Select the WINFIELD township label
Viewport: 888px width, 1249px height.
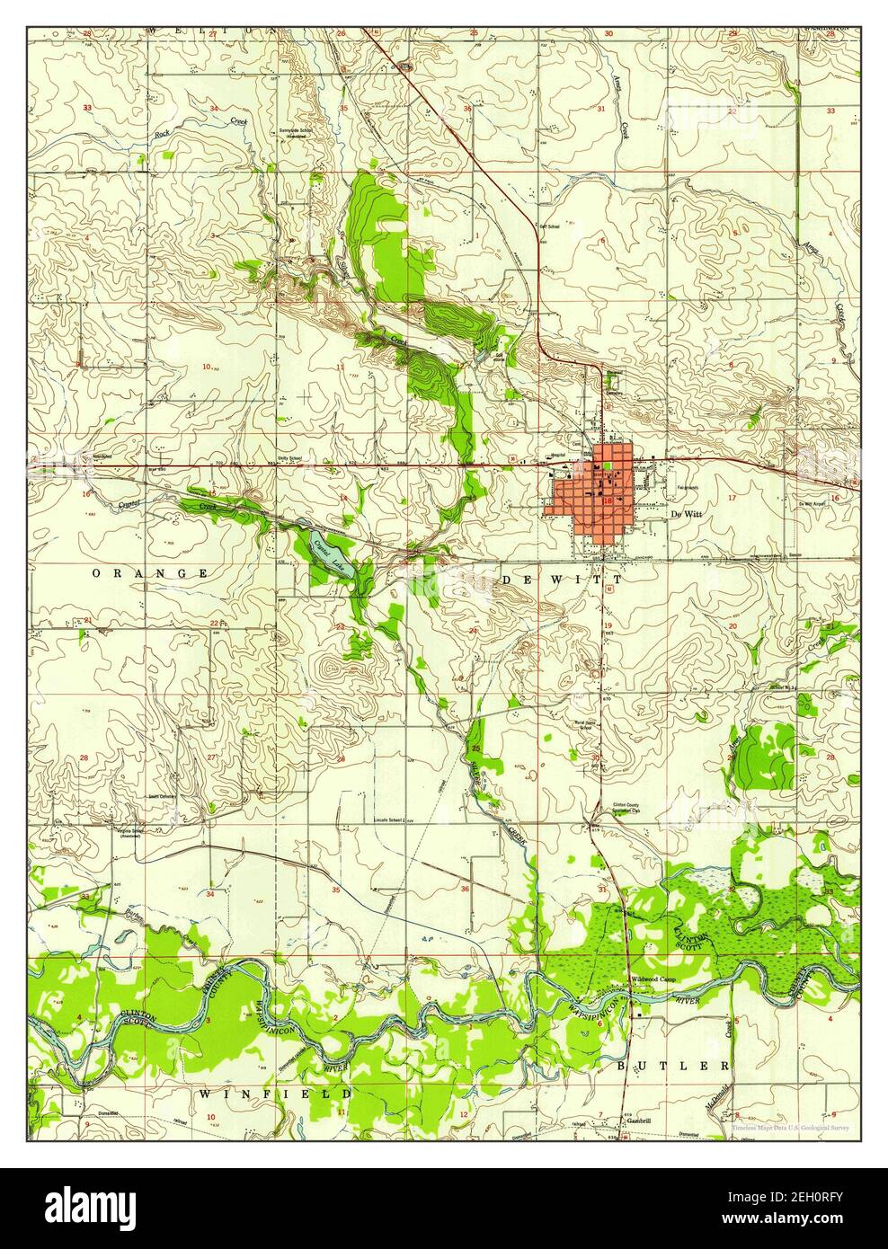[x=275, y=1094]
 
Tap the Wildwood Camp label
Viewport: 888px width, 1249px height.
[x=652, y=979]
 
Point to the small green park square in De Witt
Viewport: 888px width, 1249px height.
[x=609, y=465]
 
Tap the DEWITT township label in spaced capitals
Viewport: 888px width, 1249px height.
[x=539, y=581]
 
